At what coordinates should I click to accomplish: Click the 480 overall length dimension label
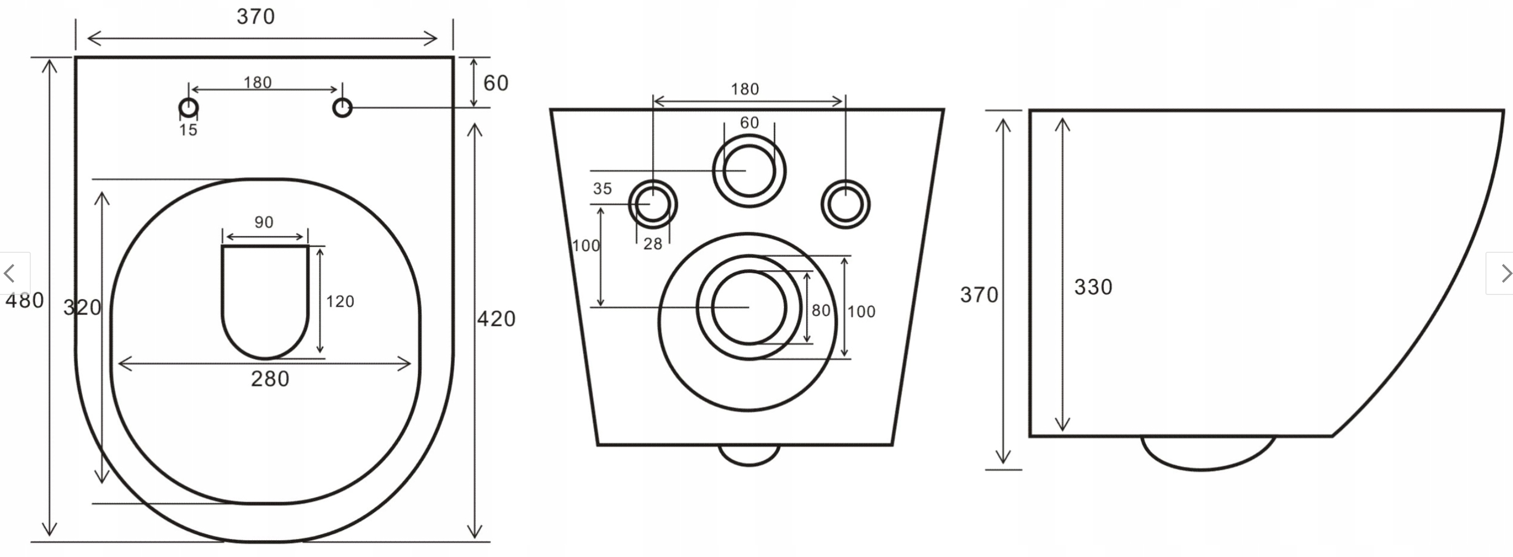pos(25,300)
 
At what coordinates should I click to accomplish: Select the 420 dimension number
pos(496,319)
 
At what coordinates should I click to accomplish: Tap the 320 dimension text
pos(82,307)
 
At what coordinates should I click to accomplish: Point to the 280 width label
pos(270,379)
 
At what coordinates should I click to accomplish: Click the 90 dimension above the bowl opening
pos(264,223)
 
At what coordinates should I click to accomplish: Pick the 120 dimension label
pos(340,301)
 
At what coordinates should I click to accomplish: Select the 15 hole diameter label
pos(188,130)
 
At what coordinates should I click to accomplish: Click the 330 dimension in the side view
pos(1093,287)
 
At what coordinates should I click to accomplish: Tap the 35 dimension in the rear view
pos(602,189)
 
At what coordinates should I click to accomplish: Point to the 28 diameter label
pos(653,244)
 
